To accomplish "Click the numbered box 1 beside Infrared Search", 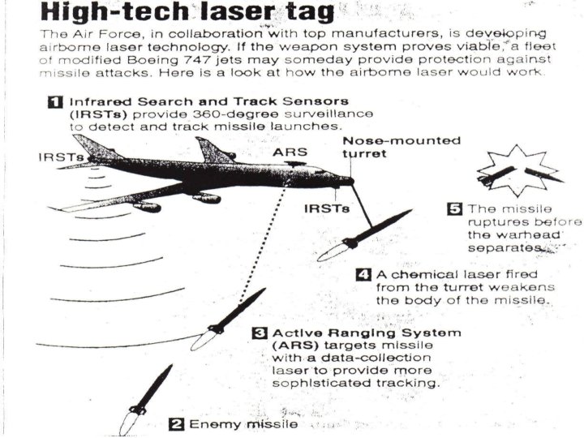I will [55, 102].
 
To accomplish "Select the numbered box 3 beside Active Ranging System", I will [259, 333].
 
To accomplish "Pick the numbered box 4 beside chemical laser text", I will [365, 274].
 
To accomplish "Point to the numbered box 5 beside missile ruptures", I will [456, 208].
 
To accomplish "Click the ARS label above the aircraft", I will [290, 152].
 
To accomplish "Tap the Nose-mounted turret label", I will [401, 147].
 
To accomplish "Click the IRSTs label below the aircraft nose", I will [327, 208].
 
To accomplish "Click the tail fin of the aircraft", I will [96, 148].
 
